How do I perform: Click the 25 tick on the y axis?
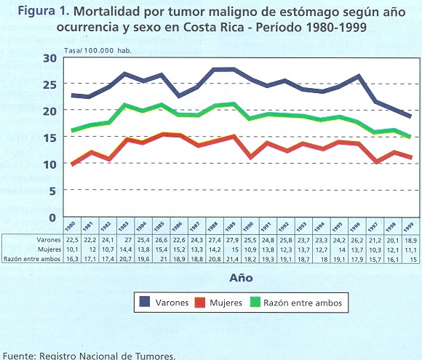(49, 84)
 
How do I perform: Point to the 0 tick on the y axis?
(52, 217)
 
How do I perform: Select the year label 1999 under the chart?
(409, 228)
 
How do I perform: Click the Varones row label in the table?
(49, 240)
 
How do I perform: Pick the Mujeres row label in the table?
(49, 249)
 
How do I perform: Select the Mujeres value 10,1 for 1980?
(72, 249)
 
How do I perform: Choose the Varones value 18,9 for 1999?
(411, 240)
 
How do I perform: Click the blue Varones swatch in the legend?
(145, 302)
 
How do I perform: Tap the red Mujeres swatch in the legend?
(199, 302)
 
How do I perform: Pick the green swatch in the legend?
(255, 302)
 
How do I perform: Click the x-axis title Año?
(241, 278)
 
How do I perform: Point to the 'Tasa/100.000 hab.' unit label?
(97, 51)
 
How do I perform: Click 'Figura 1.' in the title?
(44, 11)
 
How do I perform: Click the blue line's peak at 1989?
(233, 69)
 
